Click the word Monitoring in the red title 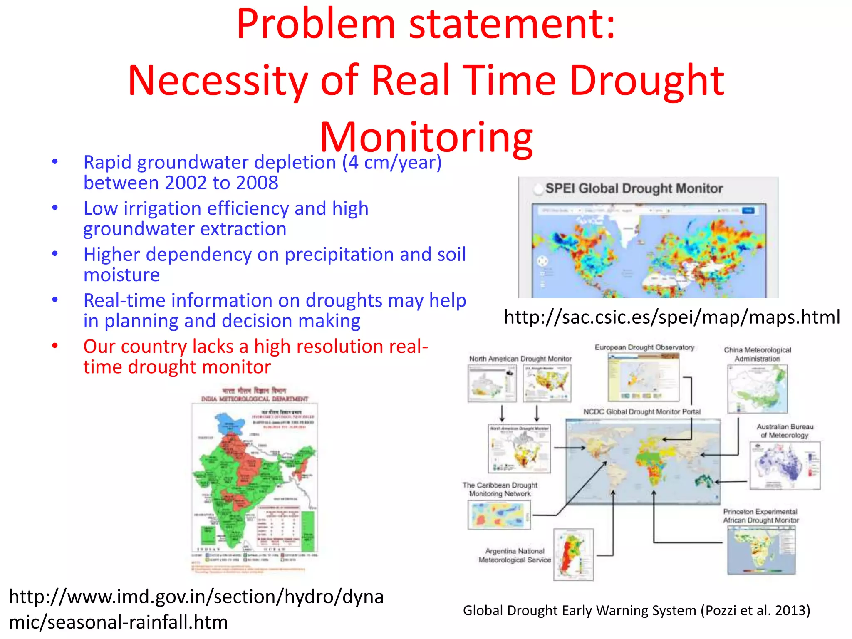click(426, 137)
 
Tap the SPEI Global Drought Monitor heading click(634, 188)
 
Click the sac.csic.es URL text click(671, 317)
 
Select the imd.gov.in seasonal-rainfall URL click(196, 609)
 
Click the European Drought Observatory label click(644, 347)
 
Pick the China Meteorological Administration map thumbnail click(757, 389)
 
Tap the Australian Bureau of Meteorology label click(785, 431)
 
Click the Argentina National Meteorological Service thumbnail click(573, 555)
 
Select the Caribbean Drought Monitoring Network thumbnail click(499, 515)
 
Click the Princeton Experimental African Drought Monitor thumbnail click(761, 550)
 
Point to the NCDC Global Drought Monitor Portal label click(641, 412)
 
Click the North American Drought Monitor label click(520, 359)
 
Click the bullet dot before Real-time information click(55, 300)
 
